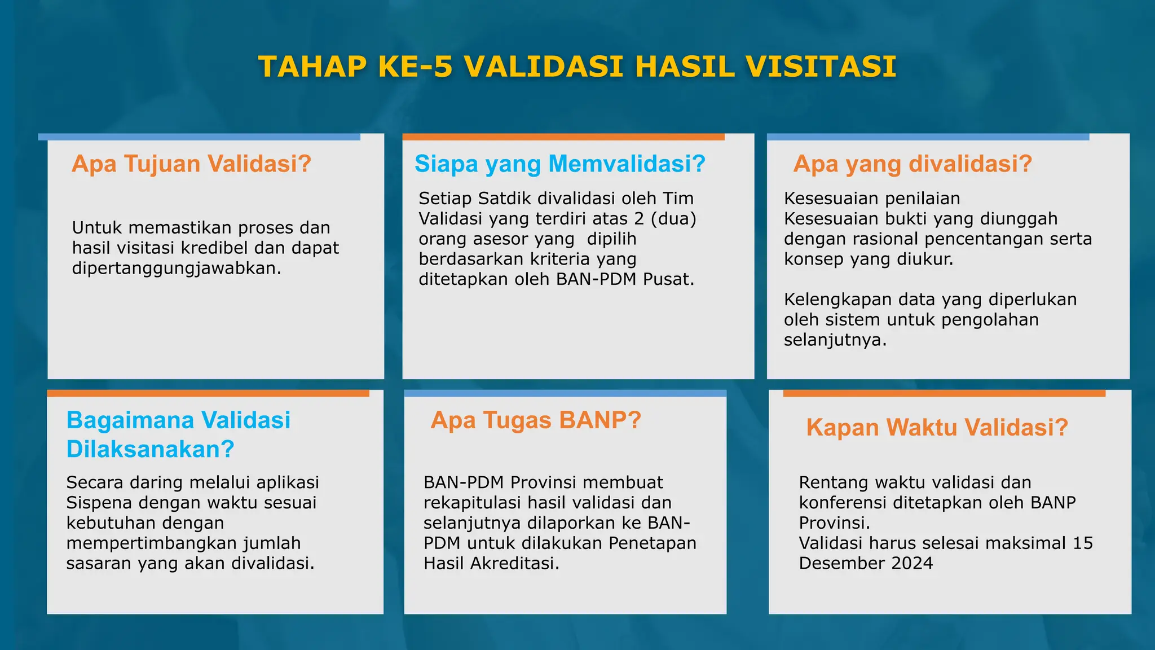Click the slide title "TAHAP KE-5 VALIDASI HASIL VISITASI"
click(577, 67)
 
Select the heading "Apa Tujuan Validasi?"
click(191, 164)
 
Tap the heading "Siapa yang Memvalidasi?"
click(559, 164)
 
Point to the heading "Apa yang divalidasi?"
click(912, 164)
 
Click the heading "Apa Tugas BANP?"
click(535, 420)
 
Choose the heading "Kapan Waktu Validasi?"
click(937, 428)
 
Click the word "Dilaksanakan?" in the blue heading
click(150, 449)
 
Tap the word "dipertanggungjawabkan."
click(177, 268)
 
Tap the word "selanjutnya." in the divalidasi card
click(835, 340)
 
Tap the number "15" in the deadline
click(1082, 543)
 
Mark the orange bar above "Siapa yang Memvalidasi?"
click(563, 137)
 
